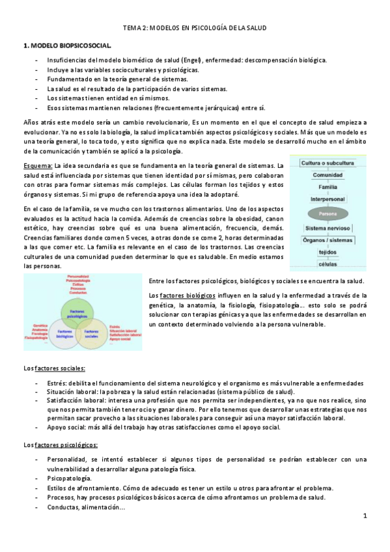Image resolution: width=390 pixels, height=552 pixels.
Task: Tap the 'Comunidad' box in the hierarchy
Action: [328, 175]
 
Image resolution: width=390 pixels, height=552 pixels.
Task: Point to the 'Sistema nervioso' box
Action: [328, 228]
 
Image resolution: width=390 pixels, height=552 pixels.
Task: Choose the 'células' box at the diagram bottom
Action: [328, 264]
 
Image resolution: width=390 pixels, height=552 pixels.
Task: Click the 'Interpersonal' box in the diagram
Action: [328, 199]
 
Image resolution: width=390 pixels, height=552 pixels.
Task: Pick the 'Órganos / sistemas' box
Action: [328, 240]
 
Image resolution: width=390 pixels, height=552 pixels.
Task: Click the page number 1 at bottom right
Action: [365, 516]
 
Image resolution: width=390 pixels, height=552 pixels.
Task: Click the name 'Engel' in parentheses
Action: [195, 60]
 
